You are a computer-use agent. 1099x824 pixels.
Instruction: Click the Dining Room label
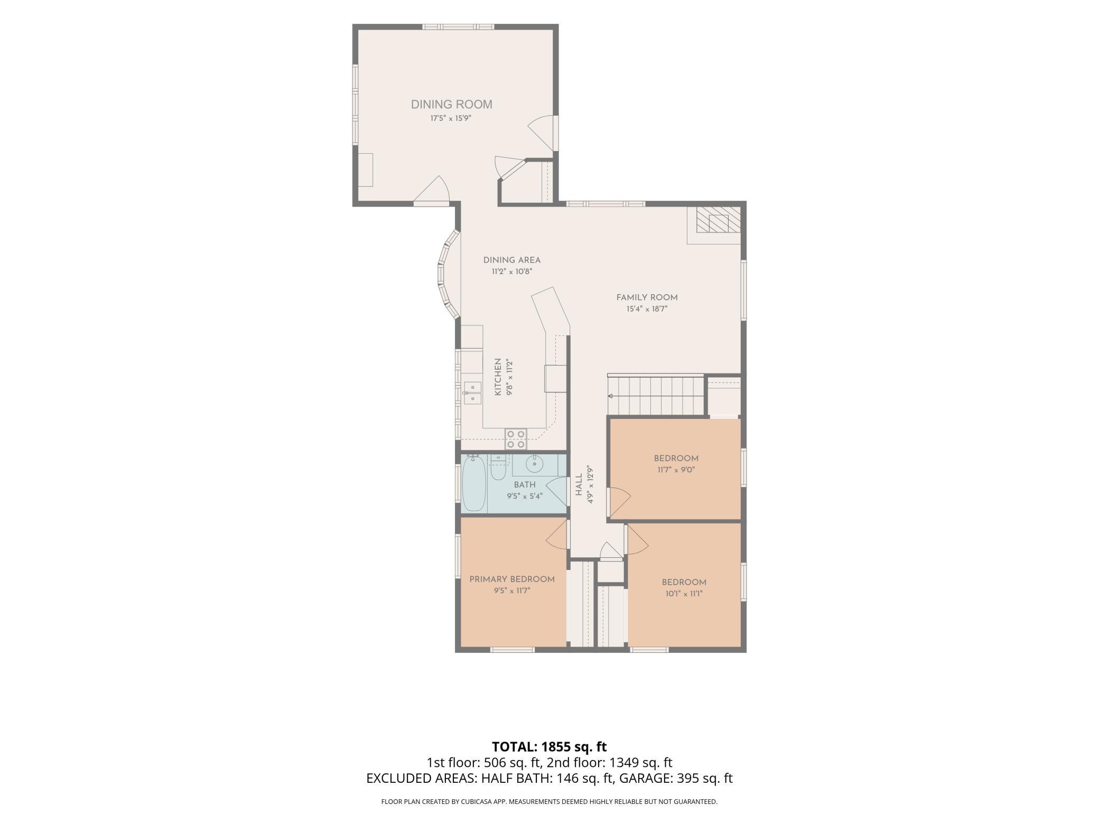[x=451, y=105]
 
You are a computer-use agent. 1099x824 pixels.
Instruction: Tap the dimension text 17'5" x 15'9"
[x=450, y=118]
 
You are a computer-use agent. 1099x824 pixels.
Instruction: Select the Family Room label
[x=647, y=297]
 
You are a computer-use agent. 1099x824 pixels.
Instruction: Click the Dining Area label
[x=512, y=260]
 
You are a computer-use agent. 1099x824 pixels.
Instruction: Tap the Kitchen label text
[x=498, y=377]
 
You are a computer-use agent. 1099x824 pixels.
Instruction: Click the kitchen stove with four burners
[x=516, y=438]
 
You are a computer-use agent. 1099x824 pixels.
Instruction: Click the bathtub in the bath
[x=474, y=483]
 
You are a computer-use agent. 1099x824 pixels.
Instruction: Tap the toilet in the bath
[x=498, y=467]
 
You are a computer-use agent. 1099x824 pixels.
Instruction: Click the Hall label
[x=579, y=484]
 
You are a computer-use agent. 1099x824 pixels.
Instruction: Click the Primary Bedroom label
[x=512, y=579]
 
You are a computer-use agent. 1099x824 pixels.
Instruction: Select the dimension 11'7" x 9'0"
[x=676, y=470]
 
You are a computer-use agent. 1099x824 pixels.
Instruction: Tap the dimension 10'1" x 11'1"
[x=684, y=593]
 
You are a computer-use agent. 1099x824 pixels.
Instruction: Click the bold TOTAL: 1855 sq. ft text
[x=549, y=747]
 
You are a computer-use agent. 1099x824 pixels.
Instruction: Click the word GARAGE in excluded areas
[x=642, y=778]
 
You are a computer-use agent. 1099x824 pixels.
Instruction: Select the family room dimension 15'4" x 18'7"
[x=647, y=309]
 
